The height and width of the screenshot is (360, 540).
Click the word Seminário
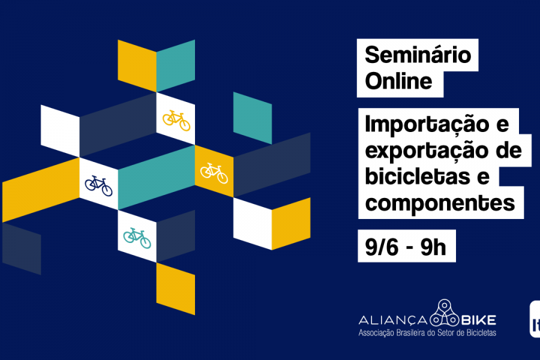point(418,55)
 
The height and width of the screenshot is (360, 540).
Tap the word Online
point(398,81)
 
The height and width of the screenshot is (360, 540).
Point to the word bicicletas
point(418,176)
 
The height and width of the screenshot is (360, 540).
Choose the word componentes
point(440,204)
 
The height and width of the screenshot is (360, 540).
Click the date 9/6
point(382,247)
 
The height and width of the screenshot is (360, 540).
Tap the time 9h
point(433,247)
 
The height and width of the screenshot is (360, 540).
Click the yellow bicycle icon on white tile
point(176,120)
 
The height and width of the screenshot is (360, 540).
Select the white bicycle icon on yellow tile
point(214,173)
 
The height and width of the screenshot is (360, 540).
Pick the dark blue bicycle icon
point(99,185)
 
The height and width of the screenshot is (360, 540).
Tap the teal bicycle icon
point(137,238)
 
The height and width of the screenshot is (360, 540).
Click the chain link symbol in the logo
point(445,313)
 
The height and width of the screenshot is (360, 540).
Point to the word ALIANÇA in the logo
point(393,320)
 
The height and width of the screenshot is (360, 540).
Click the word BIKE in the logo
point(478,320)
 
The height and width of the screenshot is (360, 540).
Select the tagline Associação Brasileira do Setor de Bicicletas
point(427,333)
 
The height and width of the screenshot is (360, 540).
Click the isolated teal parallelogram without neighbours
point(253,118)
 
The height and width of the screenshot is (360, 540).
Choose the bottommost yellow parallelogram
point(176,289)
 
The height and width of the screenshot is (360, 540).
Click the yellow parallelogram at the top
point(137,66)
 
